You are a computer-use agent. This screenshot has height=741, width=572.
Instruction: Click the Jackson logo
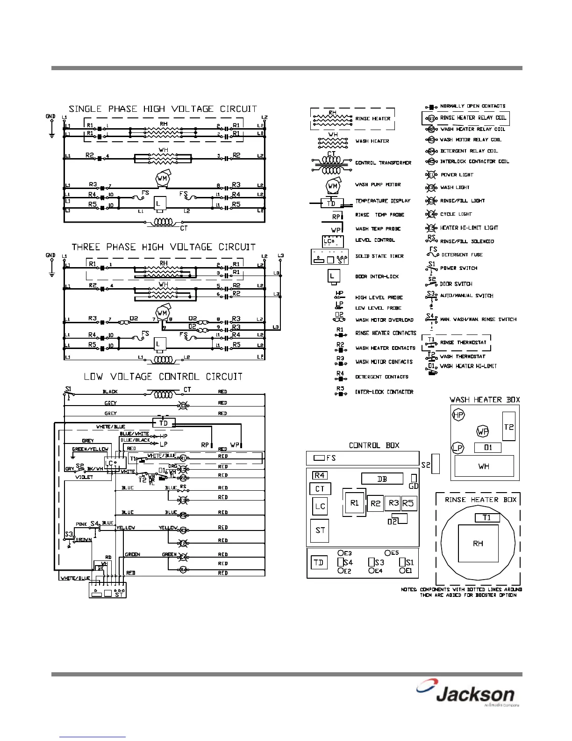467,695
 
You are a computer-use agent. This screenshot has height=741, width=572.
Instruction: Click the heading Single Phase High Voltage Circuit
163,109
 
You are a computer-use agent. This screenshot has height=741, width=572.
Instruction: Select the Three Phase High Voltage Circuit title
164,247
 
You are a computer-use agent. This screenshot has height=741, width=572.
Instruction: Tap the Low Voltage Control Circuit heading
163,377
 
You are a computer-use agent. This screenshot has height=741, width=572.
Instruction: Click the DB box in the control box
382,479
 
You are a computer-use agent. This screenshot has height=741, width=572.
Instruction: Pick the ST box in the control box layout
320,530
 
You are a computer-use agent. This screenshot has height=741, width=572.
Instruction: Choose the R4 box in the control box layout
320,475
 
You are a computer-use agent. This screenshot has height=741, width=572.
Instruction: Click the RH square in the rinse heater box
478,543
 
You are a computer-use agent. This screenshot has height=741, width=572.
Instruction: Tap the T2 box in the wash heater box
508,426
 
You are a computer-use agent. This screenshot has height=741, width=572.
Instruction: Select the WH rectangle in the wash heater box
484,466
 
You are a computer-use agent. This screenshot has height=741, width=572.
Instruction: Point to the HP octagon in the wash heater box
458,415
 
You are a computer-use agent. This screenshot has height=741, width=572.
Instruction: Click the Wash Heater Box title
485,400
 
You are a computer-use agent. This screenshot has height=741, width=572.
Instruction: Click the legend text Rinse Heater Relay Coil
473,118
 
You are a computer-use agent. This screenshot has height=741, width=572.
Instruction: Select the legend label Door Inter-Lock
377,276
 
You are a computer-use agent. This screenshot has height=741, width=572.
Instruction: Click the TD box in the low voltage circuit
164,423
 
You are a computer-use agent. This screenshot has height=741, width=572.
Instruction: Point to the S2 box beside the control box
436,464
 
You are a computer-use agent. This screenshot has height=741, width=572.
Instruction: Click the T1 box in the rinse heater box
487,518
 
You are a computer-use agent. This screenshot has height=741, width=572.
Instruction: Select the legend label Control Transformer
383,163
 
